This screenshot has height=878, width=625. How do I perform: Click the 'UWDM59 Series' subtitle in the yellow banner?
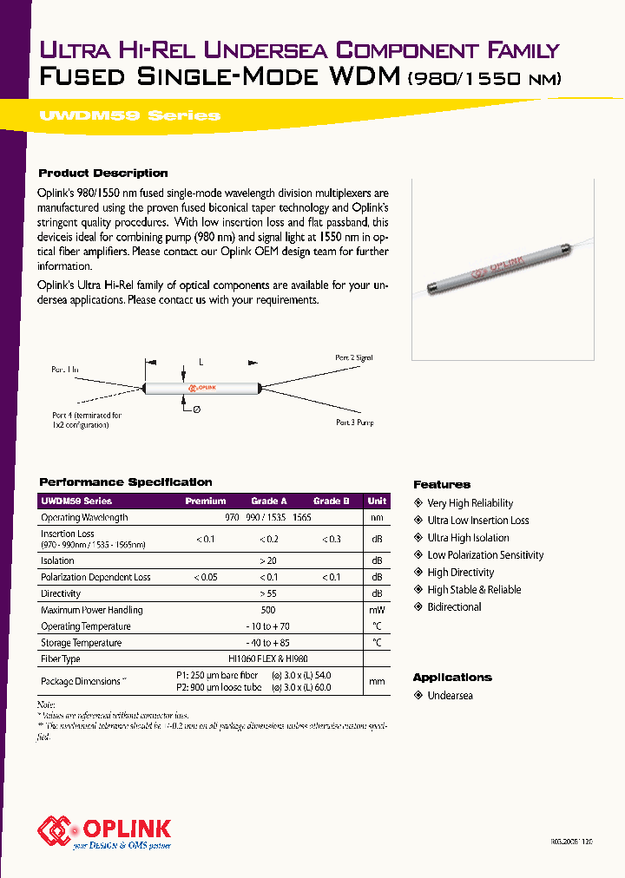[x=129, y=115]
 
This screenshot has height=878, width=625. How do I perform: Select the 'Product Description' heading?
[x=103, y=173]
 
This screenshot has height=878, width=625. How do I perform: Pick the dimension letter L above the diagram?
[x=201, y=360]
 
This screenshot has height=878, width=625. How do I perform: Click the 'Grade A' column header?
[x=269, y=501]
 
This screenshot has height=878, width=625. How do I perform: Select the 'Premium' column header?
[x=206, y=501]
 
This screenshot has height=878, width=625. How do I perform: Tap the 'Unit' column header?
[x=377, y=501]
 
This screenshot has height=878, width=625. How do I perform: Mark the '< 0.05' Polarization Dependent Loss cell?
[x=206, y=577]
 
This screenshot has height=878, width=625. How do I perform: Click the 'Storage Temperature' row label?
[x=81, y=643]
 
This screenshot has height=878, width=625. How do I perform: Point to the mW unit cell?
[x=377, y=610]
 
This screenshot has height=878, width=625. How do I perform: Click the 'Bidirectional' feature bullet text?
[x=454, y=607]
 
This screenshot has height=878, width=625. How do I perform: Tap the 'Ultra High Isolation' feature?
[x=468, y=538]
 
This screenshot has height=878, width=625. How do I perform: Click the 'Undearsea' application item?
[x=450, y=696]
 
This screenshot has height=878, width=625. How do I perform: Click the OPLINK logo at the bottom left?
[x=104, y=830]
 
